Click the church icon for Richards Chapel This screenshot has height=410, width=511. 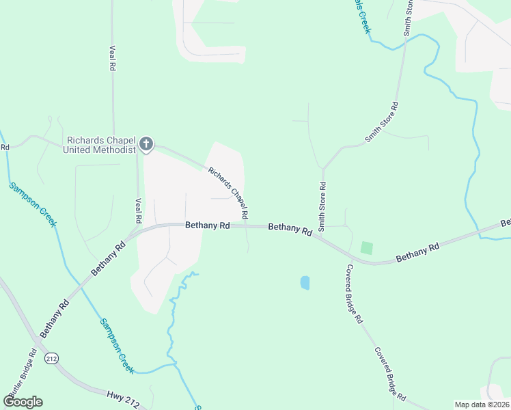point(146,143)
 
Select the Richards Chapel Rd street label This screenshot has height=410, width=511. point(228,194)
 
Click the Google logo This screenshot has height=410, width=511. point(23,402)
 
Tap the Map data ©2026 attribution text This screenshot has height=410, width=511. point(482,405)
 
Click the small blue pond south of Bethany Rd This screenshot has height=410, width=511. point(305,282)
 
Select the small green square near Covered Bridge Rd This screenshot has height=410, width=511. point(367,248)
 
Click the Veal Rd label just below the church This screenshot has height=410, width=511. point(138,210)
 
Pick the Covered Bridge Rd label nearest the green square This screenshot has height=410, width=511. point(354,294)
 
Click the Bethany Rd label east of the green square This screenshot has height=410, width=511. point(416,251)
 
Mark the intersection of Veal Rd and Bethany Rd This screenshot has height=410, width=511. point(139,230)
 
